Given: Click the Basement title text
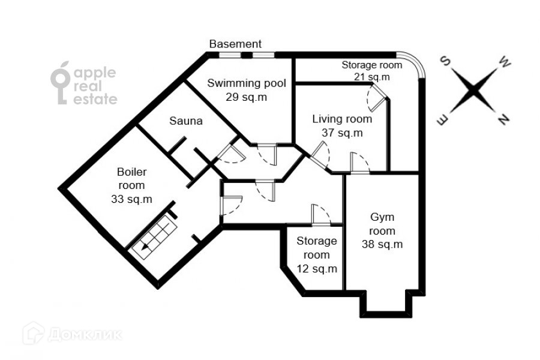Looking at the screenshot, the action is pyautogui.click(x=235, y=44).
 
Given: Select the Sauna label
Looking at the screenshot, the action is pyautogui.click(x=185, y=121).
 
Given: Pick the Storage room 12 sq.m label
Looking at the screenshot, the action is pyautogui.click(x=317, y=254).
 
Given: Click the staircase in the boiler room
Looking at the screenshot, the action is pyautogui.click(x=154, y=238).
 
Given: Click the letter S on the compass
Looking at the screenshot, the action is pyautogui.click(x=446, y=62).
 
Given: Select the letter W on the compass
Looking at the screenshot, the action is pyautogui.click(x=504, y=62).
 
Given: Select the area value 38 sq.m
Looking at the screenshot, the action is pyautogui.click(x=382, y=244).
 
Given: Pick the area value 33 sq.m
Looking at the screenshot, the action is pyautogui.click(x=131, y=199).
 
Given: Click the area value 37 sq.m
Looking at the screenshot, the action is pyautogui.click(x=342, y=133).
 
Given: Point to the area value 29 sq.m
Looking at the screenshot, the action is pyautogui.click(x=247, y=97).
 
